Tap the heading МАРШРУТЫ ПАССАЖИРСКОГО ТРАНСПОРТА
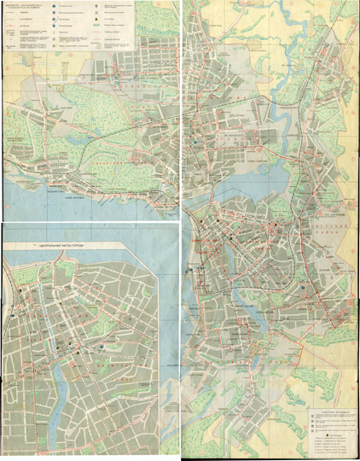pyautogui.click(x=26, y=9)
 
